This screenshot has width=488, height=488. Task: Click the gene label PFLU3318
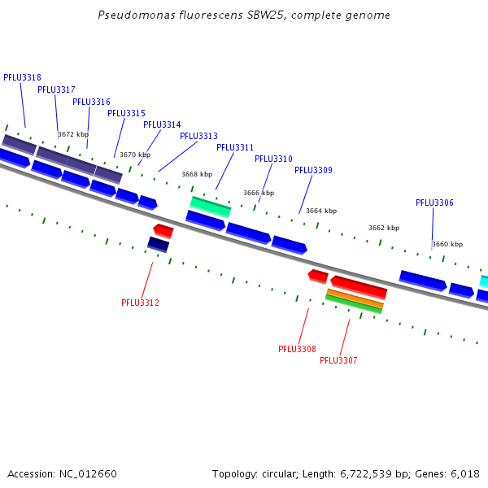tap(22, 77)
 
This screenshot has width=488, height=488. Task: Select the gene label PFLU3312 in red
tap(140, 303)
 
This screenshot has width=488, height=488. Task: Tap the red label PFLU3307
tap(338, 360)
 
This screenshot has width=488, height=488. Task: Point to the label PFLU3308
tap(297, 349)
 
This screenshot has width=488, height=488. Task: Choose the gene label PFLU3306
tap(434, 203)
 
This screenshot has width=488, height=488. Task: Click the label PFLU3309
tap(313, 170)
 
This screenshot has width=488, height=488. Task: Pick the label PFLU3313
tap(198, 136)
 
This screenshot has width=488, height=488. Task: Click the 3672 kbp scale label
tap(73, 134)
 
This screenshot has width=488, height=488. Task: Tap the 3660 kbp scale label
tap(447, 244)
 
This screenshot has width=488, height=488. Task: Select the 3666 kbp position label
tap(259, 193)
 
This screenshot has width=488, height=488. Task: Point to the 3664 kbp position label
tap(321, 211)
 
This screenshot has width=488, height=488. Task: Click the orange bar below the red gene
tap(355, 298)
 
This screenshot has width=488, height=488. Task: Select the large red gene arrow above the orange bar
tap(359, 286)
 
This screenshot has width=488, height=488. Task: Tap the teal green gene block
tap(211, 206)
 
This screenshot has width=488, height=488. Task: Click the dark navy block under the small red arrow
tap(158, 244)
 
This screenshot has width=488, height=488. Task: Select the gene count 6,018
tap(464, 473)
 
